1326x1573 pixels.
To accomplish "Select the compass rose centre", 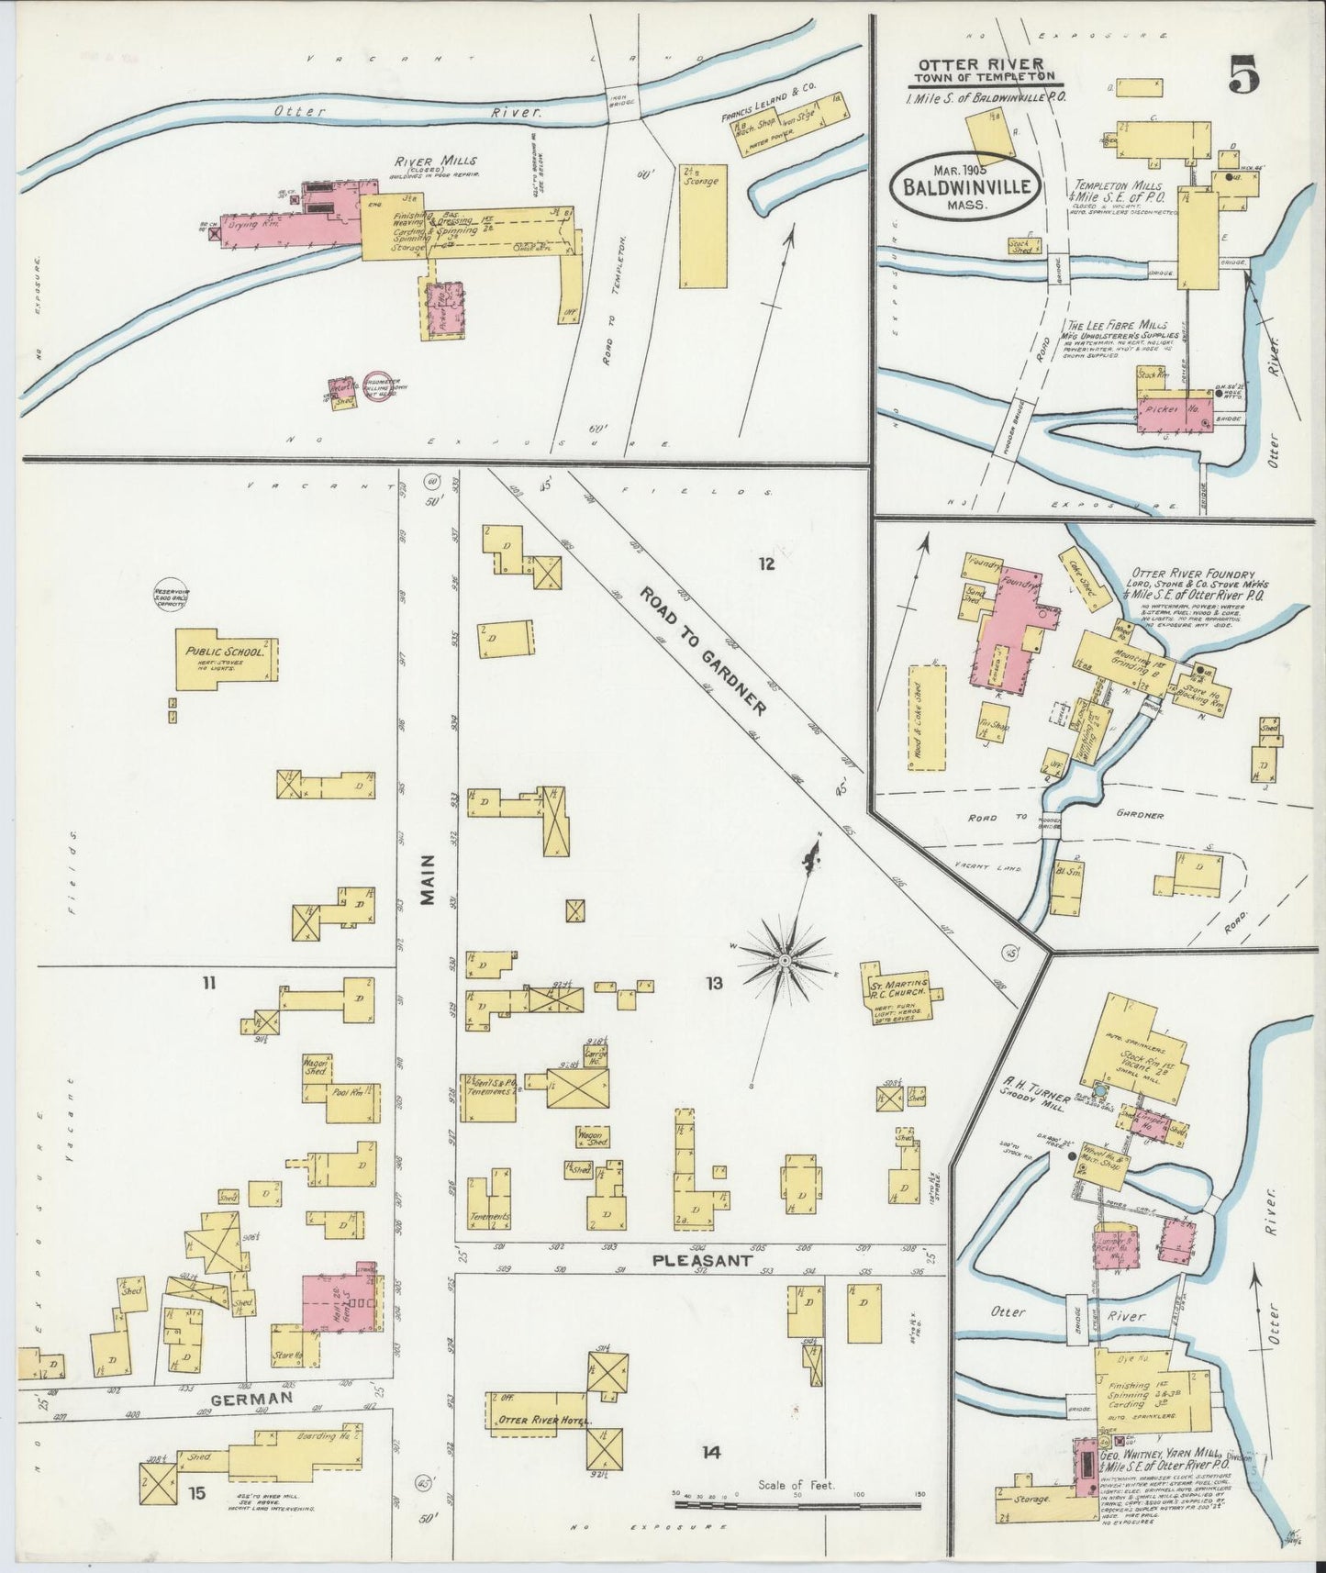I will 785,959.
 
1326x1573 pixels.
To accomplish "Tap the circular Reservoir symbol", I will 172,597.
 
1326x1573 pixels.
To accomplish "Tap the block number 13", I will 714,984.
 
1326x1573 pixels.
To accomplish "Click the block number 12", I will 766,563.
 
